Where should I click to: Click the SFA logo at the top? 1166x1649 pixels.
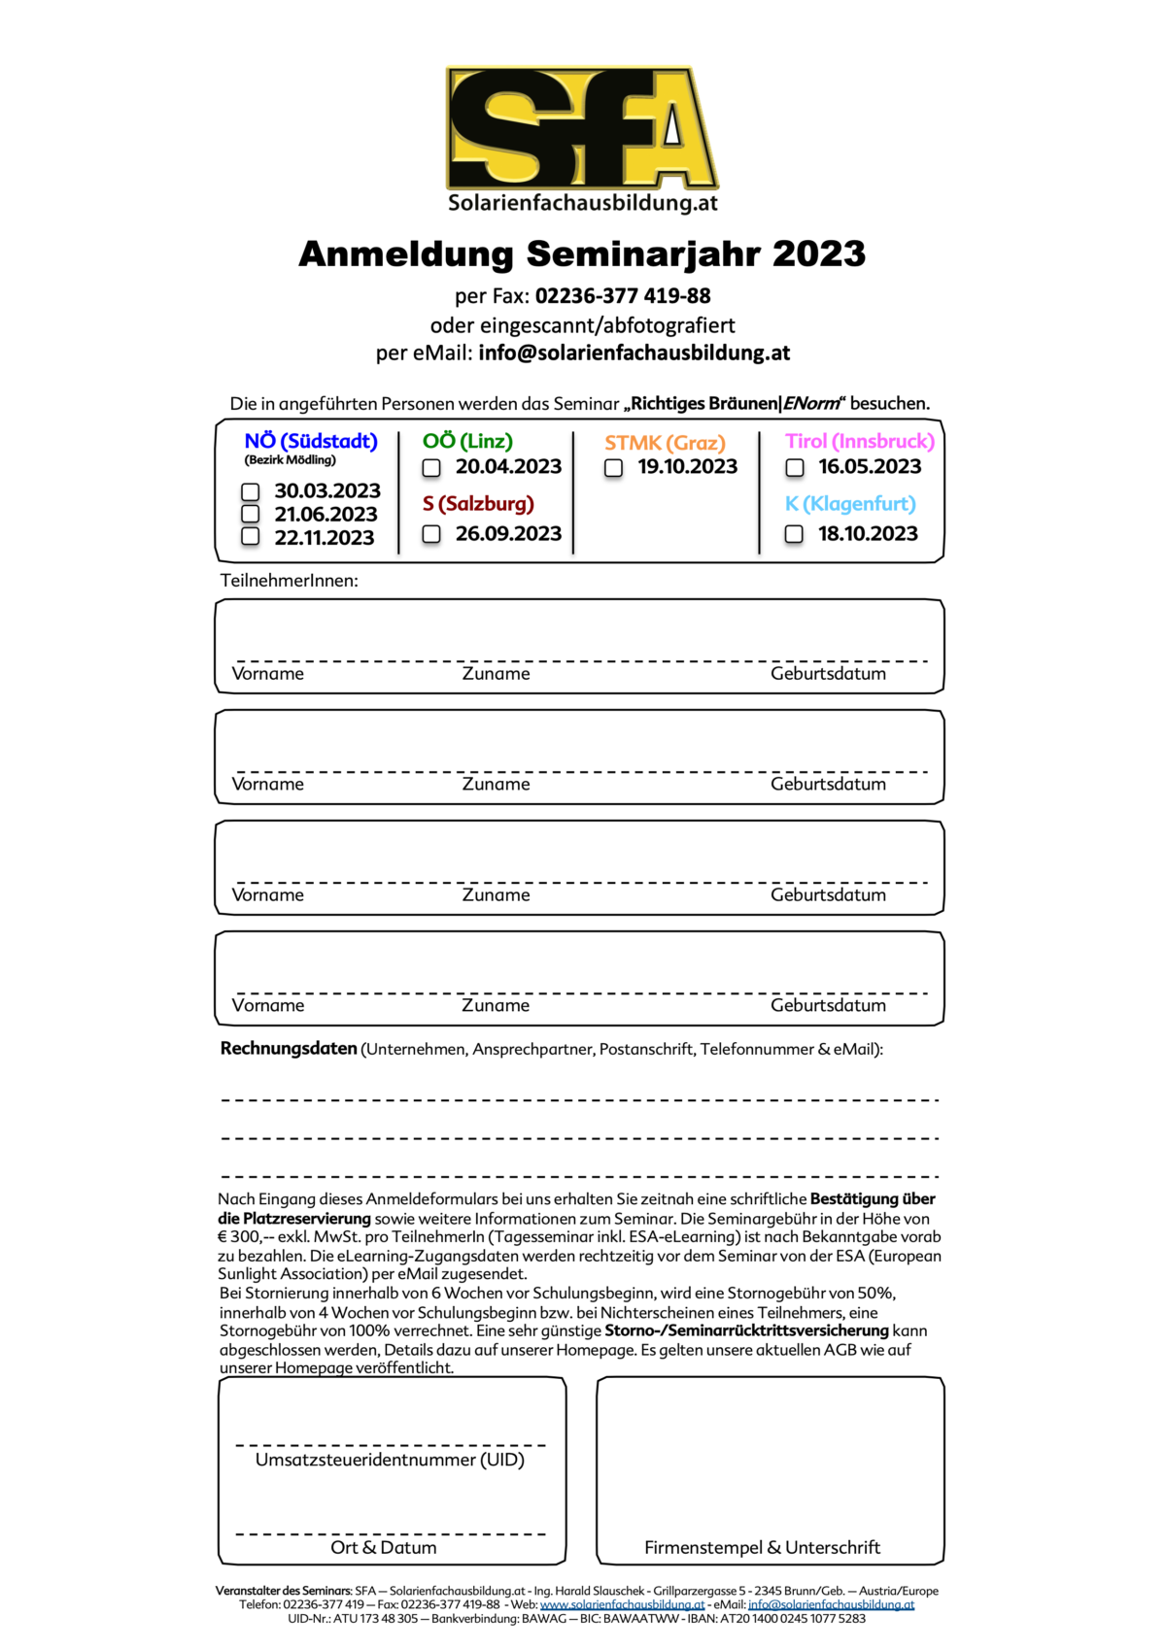point(581,129)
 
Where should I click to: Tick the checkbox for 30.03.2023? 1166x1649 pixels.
point(251,491)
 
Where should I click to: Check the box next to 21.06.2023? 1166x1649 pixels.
point(251,514)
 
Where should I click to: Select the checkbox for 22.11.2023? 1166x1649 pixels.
point(251,536)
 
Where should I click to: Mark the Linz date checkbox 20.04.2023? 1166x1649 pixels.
point(431,468)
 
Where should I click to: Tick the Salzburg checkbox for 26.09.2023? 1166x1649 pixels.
point(431,534)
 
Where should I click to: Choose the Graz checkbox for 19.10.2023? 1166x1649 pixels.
point(613,468)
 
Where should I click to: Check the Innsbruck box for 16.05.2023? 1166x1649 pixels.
point(795,468)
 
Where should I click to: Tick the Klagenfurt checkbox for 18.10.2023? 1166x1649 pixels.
point(794,534)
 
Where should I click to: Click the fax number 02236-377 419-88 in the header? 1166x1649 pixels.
point(623,296)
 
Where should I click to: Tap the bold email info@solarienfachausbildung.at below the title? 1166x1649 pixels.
point(634,353)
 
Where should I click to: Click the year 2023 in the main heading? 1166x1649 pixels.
point(818,254)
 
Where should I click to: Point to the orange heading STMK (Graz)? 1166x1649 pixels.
point(665,443)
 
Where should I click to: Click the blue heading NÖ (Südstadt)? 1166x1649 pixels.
point(311,441)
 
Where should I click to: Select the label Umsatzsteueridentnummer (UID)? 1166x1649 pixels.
point(390,1460)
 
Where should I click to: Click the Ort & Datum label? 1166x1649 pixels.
point(384,1547)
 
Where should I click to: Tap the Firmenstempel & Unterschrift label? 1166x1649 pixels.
point(762,1547)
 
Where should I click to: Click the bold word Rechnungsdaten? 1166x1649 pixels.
point(289,1049)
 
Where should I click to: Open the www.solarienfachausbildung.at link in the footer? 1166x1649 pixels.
point(622,1604)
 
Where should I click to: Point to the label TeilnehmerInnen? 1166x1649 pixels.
point(289,581)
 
